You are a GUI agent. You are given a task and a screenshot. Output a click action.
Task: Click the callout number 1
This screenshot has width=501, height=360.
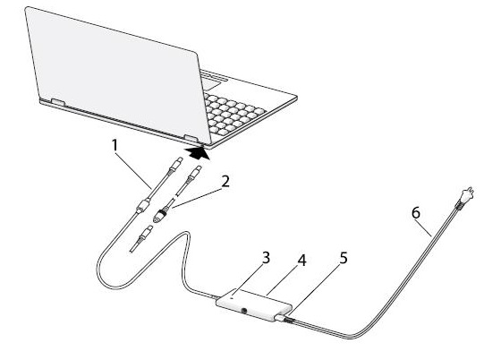(x=115, y=146)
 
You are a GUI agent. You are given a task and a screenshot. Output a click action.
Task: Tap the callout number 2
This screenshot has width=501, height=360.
(x=225, y=182)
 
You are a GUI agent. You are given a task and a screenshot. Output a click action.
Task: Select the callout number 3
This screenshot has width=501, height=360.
(x=267, y=258)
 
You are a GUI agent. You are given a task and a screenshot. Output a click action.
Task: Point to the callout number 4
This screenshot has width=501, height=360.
(x=302, y=261)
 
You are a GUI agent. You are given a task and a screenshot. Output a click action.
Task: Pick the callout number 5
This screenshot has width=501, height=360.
(x=344, y=258)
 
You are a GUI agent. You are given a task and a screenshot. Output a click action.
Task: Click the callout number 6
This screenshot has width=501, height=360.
(x=416, y=213)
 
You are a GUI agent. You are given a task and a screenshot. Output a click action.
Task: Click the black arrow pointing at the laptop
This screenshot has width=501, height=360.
(x=198, y=153)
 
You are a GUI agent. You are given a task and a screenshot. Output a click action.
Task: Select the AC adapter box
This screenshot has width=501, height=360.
(x=254, y=305)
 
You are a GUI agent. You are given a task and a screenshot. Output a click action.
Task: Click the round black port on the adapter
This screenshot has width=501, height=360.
(x=245, y=310)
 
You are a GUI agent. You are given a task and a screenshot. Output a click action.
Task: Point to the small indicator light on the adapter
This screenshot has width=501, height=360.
(x=233, y=297)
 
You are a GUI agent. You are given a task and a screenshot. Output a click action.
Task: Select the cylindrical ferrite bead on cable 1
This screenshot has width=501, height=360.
(x=143, y=206)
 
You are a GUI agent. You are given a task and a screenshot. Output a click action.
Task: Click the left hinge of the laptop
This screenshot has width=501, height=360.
(x=58, y=102)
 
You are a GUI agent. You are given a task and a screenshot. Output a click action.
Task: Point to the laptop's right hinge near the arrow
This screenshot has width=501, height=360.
(x=191, y=139)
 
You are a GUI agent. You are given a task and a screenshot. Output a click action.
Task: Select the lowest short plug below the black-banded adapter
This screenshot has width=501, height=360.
(x=144, y=235)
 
